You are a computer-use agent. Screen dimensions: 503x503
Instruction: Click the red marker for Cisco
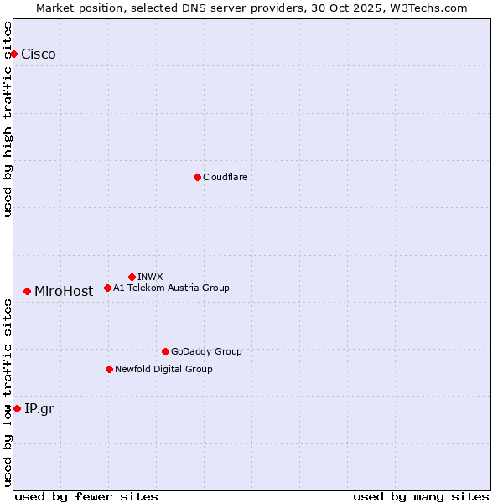(x=13, y=54)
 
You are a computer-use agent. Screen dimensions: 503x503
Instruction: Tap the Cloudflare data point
(x=197, y=177)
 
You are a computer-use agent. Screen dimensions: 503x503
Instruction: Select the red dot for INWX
(x=132, y=277)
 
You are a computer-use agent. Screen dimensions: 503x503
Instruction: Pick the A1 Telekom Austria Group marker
(x=107, y=288)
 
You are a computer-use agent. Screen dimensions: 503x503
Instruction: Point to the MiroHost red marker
(x=28, y=291)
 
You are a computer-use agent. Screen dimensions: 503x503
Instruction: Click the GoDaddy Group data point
(x=165, y=351)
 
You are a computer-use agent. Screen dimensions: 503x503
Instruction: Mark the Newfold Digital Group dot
(x=109, y=369)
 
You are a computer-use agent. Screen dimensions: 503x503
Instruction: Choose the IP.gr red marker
(x=17, y=408)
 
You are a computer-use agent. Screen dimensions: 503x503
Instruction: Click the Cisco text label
(x=39, y=54)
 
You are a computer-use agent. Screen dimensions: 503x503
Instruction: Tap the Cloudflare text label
(x=226, y=177)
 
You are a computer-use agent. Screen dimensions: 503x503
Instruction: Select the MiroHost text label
(x=64, y=292)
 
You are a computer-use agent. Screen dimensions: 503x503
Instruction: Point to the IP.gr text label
(x=39, y=409)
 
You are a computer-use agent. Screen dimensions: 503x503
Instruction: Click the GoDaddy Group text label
(x=206, y=351)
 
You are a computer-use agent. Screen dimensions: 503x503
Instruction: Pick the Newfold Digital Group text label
(x=163, y=369)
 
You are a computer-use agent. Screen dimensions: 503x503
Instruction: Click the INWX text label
(x=150, y=277)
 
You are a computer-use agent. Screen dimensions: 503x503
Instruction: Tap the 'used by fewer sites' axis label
(x=86, y=496)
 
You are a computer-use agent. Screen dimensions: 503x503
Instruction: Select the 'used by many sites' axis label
(x=421, y=496)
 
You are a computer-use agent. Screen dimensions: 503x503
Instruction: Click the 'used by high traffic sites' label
(x=8, y=119)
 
